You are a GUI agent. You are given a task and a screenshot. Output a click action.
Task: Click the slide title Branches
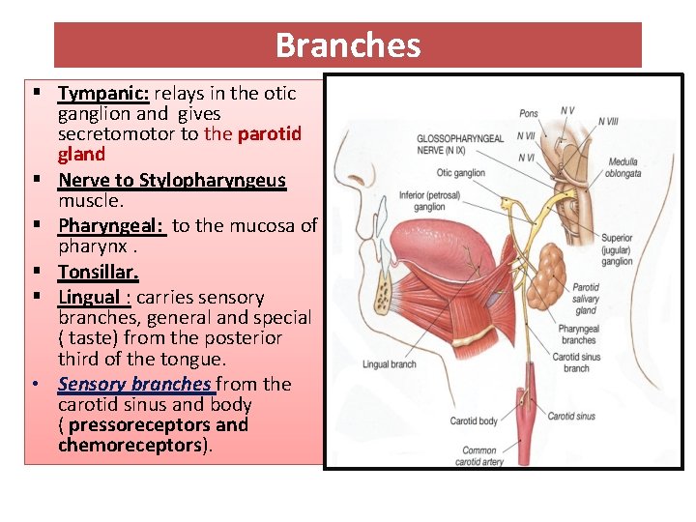[347, 45]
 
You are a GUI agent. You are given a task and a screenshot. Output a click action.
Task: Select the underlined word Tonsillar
[98, 272]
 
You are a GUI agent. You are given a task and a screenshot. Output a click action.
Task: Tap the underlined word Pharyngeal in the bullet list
[111, 225]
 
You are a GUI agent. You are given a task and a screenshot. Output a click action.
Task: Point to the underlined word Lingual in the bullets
[90, 297]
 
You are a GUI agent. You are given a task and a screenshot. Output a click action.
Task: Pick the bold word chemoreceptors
[131, 445]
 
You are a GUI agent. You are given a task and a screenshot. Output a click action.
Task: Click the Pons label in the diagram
[528, 114]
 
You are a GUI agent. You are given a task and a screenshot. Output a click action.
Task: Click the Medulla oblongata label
[624, 168]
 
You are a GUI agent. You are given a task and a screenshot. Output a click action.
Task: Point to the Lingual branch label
[390, 364]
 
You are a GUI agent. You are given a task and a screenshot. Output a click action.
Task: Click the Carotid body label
[474, 421]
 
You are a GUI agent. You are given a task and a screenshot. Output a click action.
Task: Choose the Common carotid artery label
[479, 455]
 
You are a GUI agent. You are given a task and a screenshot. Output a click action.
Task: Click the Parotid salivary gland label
[585, 299]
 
